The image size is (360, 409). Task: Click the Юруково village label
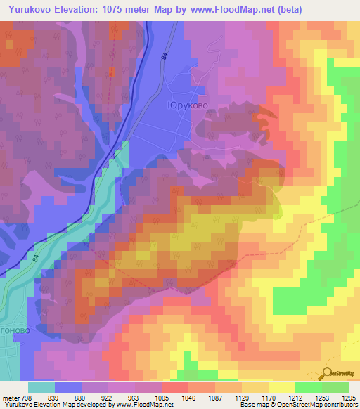pyautogui.click(x=188, y=105)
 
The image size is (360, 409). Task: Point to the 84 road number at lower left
pyautogui.click(x=35, y=259)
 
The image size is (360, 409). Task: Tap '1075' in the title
pyautogui.click(x=129, y=9)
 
